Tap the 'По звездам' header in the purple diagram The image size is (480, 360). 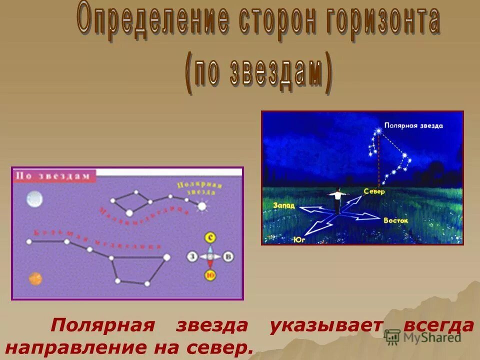pyautogui.click(x=53, y=175)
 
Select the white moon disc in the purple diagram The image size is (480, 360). pyautogui.click(x=34, y=199)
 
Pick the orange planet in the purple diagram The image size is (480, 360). pyautogui.click(x=35, y=278)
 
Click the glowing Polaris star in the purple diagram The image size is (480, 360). pyautogui.click(x=202, y=205)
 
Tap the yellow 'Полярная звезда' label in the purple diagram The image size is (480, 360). pyautogui.click(x=199, y=188)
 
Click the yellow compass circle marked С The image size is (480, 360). pyautogui.click(x=210, y=237)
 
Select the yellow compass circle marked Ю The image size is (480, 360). pyautogui.click(x=210, y=274)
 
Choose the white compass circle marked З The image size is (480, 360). pyautogui.click(x=192, y=256)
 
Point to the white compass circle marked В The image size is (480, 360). pyautogui.click(x=228, y=256)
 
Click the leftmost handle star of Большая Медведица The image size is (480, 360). pyautogui.click(x=29, y=241)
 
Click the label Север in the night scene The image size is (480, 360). pyautogui.click(x=374, y=191)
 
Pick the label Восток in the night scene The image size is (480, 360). pyautogui.click(x=396, y=220)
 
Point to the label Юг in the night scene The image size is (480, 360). pyautogui.click(x=300, y=239)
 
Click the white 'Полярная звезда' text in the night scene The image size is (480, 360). pyautogui.click(x=413, y=125)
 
